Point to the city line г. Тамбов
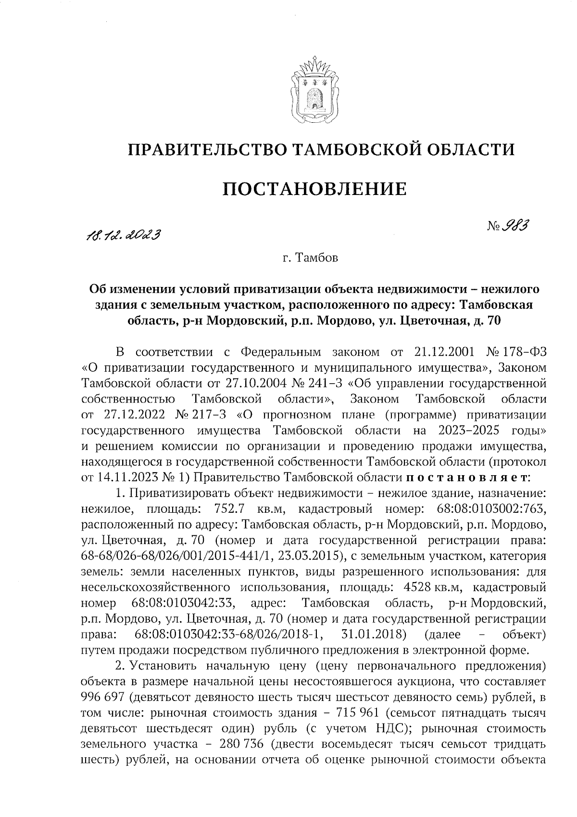tap(310, 259)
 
